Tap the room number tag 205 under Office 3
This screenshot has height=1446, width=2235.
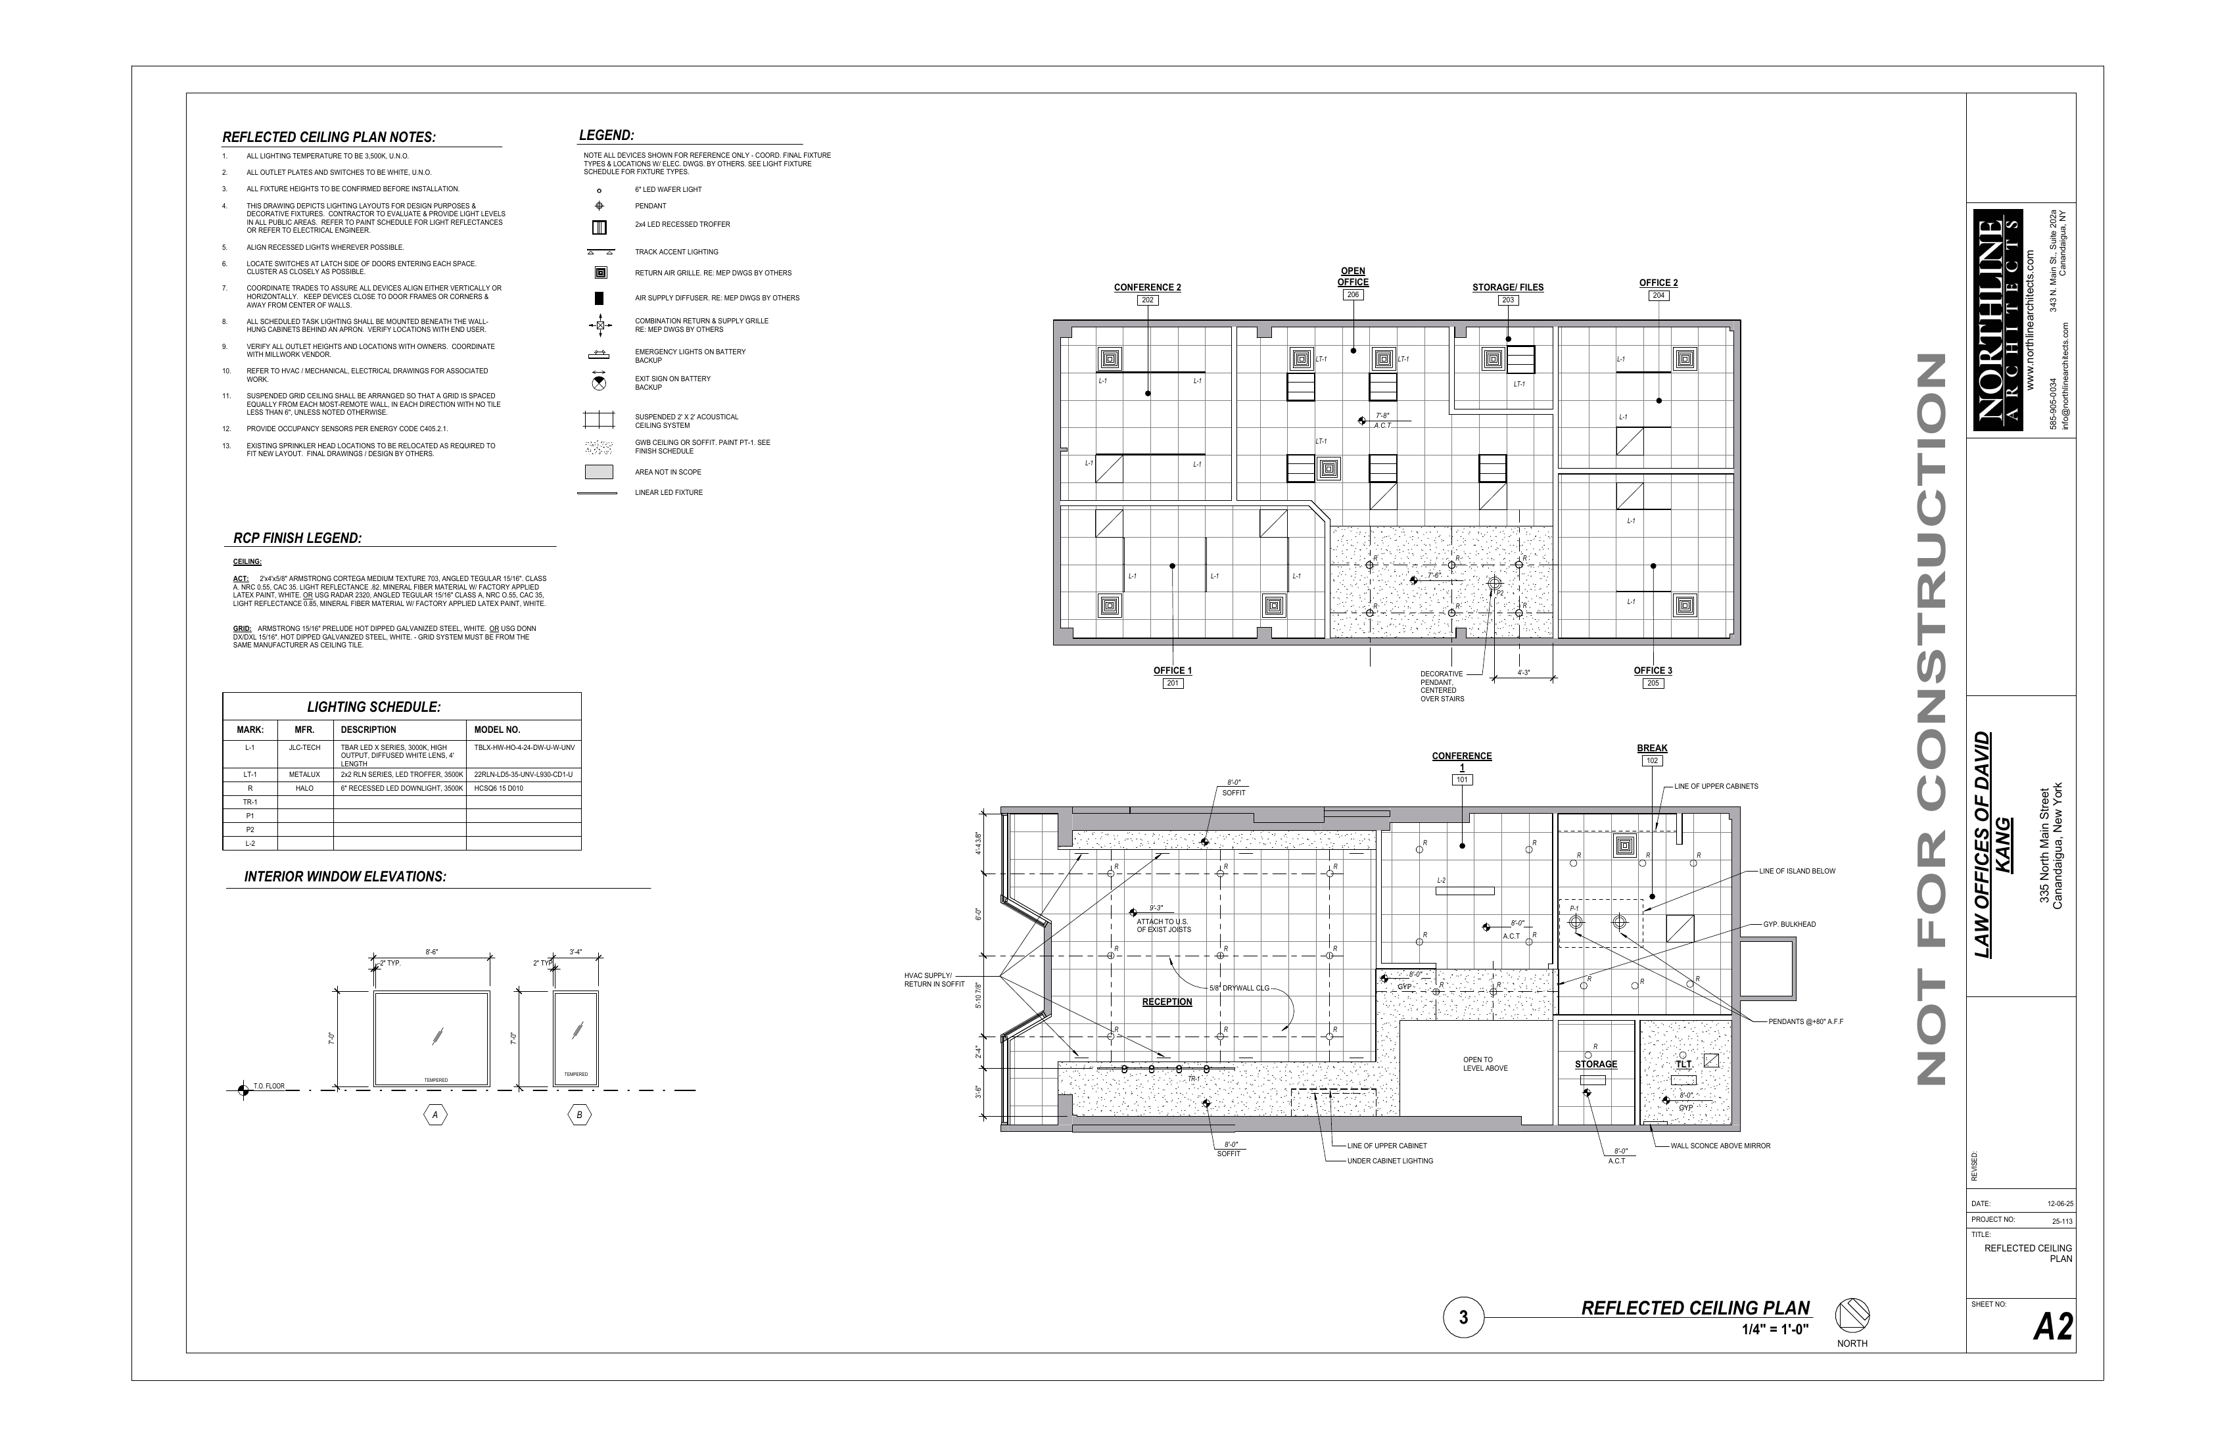[x=1653, y=684]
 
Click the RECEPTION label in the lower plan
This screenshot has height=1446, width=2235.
[x=1166, y=1002]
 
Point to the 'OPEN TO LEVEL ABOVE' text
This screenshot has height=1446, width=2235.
[x=1485, y=1064]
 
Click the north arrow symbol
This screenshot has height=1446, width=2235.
[x=1852, y=1314]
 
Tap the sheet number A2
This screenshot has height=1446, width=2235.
[x=2053, y=1328]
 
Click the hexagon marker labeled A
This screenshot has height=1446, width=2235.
[x=435, y=1115]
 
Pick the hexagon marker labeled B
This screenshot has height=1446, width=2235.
[x=579, y=1115]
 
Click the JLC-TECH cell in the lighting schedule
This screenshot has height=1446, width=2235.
[x=304, y=749]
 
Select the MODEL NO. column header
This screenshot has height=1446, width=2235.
[x=497, y=730]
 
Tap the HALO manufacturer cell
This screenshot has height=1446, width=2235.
[x=304, y=789]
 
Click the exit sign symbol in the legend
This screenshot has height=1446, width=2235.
[x=598, y=382]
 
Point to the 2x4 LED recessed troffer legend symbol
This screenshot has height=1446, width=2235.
[x=598, y=226]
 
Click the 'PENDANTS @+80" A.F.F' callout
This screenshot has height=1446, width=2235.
[x=1805, y=1021]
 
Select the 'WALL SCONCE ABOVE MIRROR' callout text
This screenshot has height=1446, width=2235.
[x=1720, y=1146]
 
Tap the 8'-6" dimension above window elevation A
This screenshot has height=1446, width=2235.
[x=431, y=952]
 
